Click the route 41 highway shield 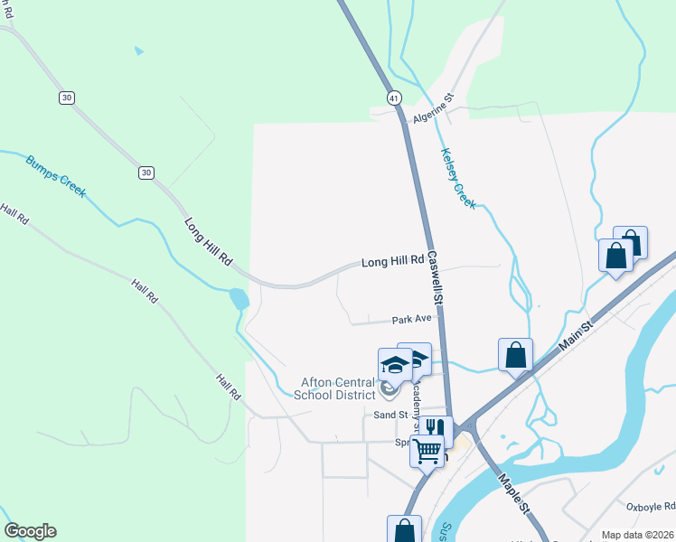[x=393, y=97]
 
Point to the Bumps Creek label [x=56, y=175]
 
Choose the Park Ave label [x=409, y=320]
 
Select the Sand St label [x=392, y=415]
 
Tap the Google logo [x=30, y=531]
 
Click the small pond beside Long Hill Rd [x=239, y=298]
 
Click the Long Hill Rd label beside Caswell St [x=392, y=262]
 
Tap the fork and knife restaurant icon [x=437, y=429]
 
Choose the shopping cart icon [x=427, y=448]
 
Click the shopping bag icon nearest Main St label [x=515, y=353]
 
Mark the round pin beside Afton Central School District [x=390, y=391]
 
